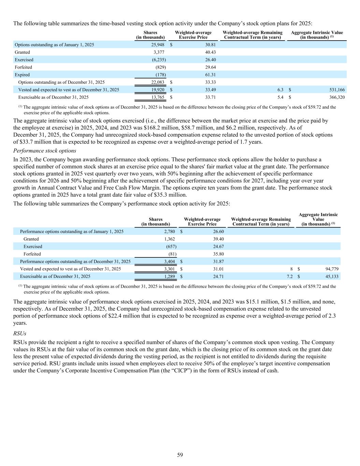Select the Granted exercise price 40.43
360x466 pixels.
tap(210, 52)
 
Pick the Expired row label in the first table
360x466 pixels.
tap(22, 75)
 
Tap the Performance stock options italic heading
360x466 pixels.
tap(45, 151)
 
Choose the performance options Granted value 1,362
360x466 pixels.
tap(170, 239)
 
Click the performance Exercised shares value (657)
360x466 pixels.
tap(171, 246)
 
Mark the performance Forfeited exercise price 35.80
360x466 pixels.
tap(218, 254)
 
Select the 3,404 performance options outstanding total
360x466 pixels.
tap(169, 262)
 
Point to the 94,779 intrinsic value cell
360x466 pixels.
tap(330, 269)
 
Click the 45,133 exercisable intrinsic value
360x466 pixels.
tap(330, 277)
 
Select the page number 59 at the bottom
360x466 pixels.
tap(180, 455)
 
